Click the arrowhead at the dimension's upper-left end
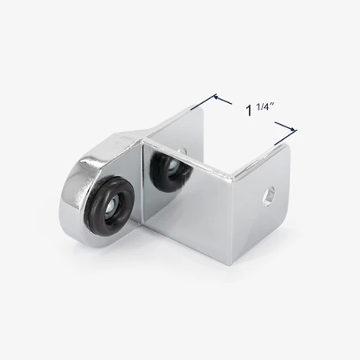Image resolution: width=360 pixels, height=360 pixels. [x=216, y=97]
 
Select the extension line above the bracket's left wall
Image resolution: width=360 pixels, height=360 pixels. [x=204, y=101]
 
